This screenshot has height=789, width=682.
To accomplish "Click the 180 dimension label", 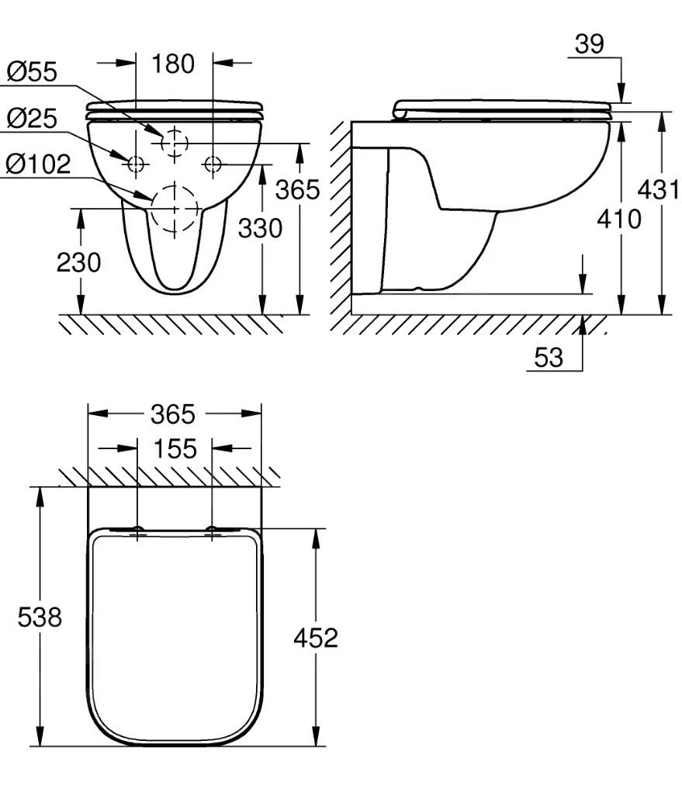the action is [x=173, y=64].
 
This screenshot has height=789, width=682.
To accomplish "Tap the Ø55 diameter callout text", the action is [x=32, y=71].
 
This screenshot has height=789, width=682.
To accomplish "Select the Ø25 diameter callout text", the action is [x=32, y=118].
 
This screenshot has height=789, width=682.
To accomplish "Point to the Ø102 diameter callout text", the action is [x=38, y=164].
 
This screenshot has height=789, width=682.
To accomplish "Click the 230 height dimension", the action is [x=78, y=262].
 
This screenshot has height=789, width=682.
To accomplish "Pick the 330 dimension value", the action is [x=260, y=228].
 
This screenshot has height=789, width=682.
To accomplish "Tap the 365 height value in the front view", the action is [x=297, y=190].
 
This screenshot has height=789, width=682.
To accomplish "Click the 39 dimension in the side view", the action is [x=590, y=43].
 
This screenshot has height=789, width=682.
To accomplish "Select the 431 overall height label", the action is [x=659, y=190].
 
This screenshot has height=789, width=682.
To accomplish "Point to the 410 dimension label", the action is [x=619, y=219].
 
